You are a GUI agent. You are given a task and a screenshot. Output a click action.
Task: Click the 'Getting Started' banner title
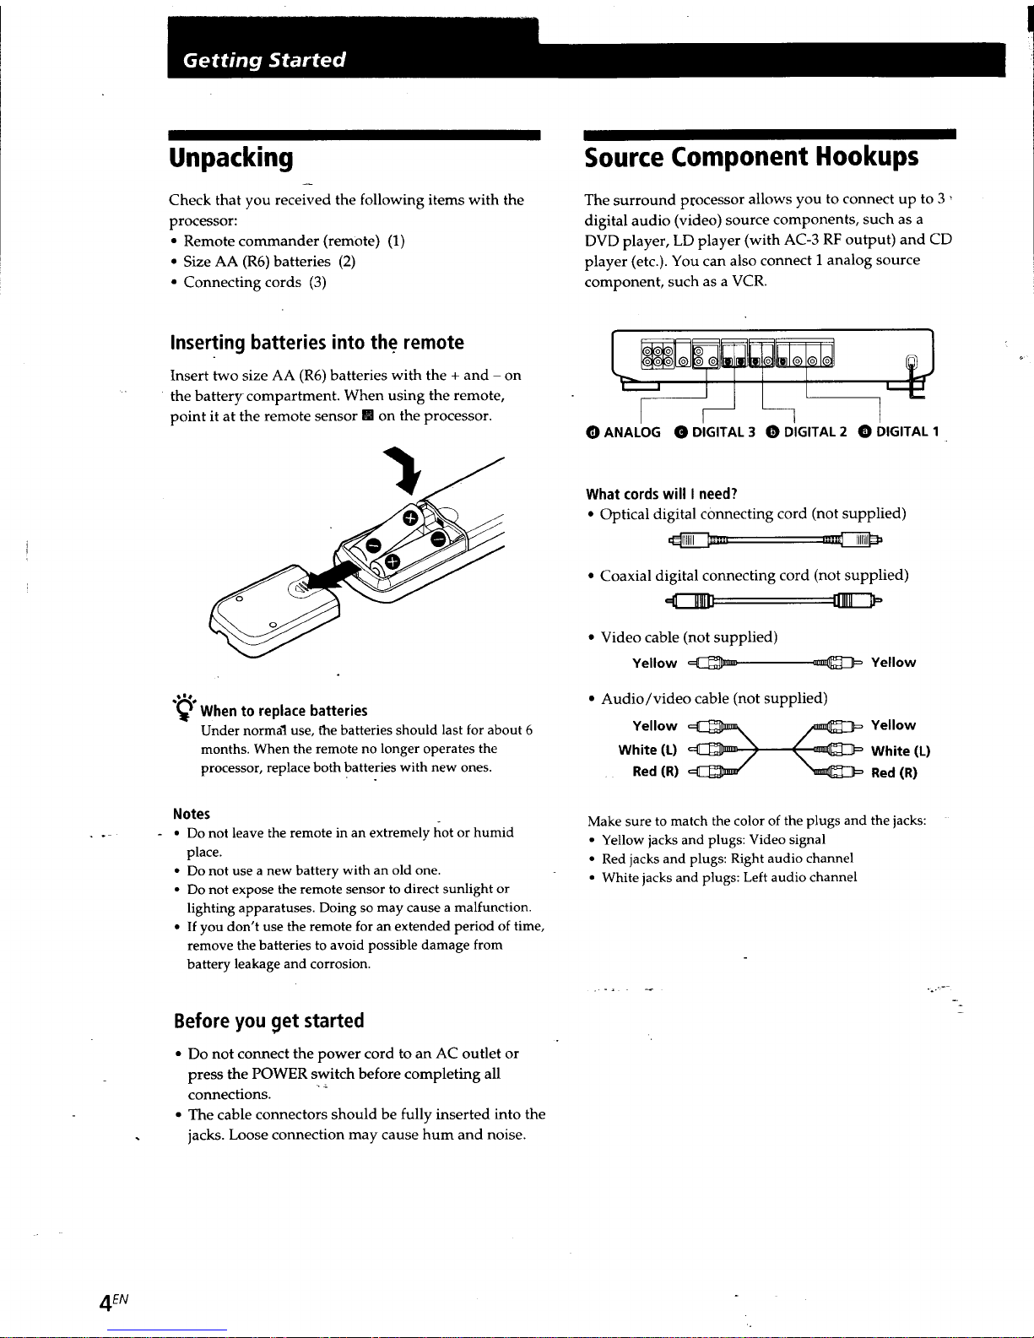point(264,60)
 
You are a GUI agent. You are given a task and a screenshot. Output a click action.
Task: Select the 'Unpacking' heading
point(231,158)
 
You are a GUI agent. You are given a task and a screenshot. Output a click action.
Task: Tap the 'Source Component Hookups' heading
point(751,158)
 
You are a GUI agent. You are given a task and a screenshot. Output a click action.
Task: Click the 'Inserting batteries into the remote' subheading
point(317,343)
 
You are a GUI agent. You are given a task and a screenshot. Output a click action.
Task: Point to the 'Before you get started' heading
point(268,1021)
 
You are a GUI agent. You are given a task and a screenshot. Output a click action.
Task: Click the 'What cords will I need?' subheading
point(662,494)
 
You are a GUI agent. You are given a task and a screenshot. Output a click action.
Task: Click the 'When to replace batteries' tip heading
point(284,711)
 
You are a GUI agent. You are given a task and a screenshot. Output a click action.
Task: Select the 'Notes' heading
point(192,814)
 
